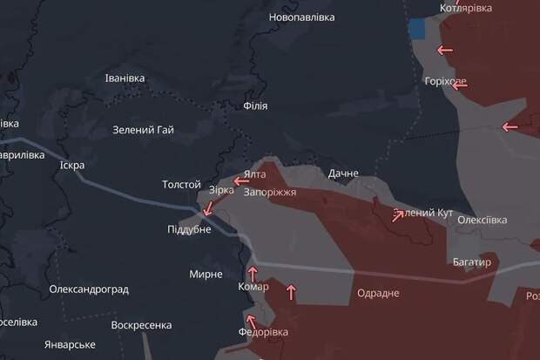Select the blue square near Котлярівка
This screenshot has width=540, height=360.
417,28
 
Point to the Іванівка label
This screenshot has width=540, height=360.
125,78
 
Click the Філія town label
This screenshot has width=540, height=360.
255,105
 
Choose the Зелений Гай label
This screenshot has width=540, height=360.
143,131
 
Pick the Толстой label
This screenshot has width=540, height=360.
181,185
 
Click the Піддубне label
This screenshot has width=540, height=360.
189,229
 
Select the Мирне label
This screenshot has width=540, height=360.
206,274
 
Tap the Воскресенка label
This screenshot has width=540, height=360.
141,325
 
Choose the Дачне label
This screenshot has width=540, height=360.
343,173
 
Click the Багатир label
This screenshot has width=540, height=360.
472,262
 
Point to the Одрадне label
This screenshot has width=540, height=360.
378,293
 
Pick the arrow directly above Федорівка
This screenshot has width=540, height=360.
251,318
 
